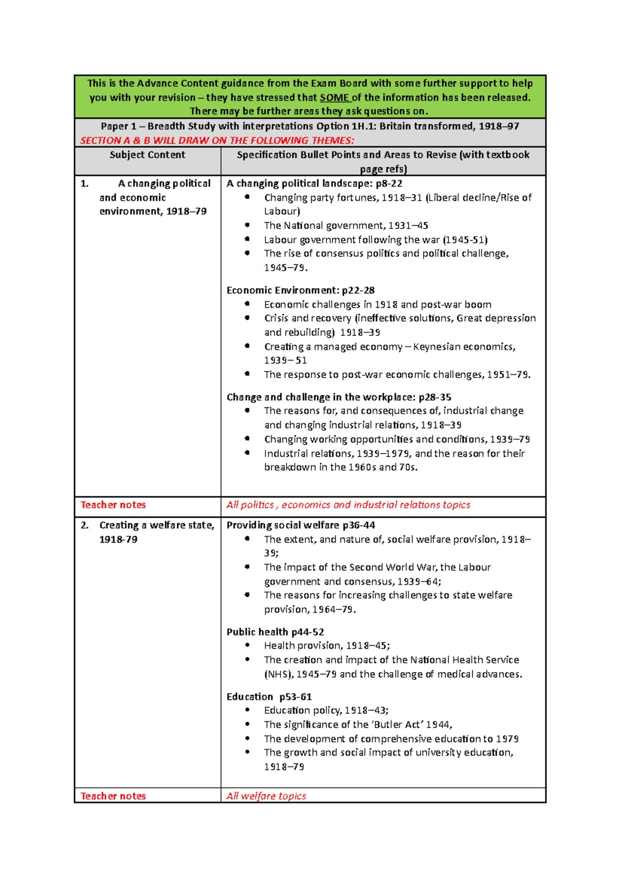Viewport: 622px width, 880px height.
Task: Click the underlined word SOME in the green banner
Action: [x=334, y=97]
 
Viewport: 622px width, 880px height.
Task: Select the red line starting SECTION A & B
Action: [x=217, y=140]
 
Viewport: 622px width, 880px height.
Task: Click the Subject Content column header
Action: [x=147, y=155]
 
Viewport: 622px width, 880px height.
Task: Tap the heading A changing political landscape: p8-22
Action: [x=314, y=183]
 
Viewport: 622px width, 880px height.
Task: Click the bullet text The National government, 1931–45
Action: [x=346, y=225]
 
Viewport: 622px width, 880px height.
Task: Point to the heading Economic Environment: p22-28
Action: [x=300, y=290]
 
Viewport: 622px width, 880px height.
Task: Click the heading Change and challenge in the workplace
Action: [x=338, y=397]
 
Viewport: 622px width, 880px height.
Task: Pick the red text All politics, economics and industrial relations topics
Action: [x=348, y=505]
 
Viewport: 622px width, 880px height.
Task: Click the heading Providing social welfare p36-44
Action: [x=301, y=525]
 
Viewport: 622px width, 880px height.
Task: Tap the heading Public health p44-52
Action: [x=275, y=632]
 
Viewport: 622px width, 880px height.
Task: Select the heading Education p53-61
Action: [x=268, y=697]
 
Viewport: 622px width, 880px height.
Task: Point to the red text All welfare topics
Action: [x=266, y=796]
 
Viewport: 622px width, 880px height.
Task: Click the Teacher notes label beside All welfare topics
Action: [x=113, y=796]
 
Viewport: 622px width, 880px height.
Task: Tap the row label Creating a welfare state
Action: [x=156, y=526]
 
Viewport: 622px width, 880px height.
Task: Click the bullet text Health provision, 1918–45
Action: [x=327, y=646]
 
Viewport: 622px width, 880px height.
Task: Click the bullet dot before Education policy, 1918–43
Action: [x=247, y=711]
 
